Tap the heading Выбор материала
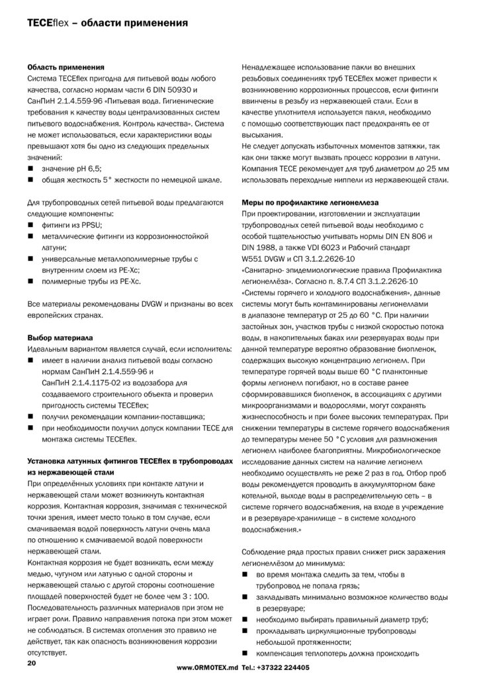point(59,336)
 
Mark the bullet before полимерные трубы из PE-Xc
point(30,281)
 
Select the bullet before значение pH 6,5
point(30,168)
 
